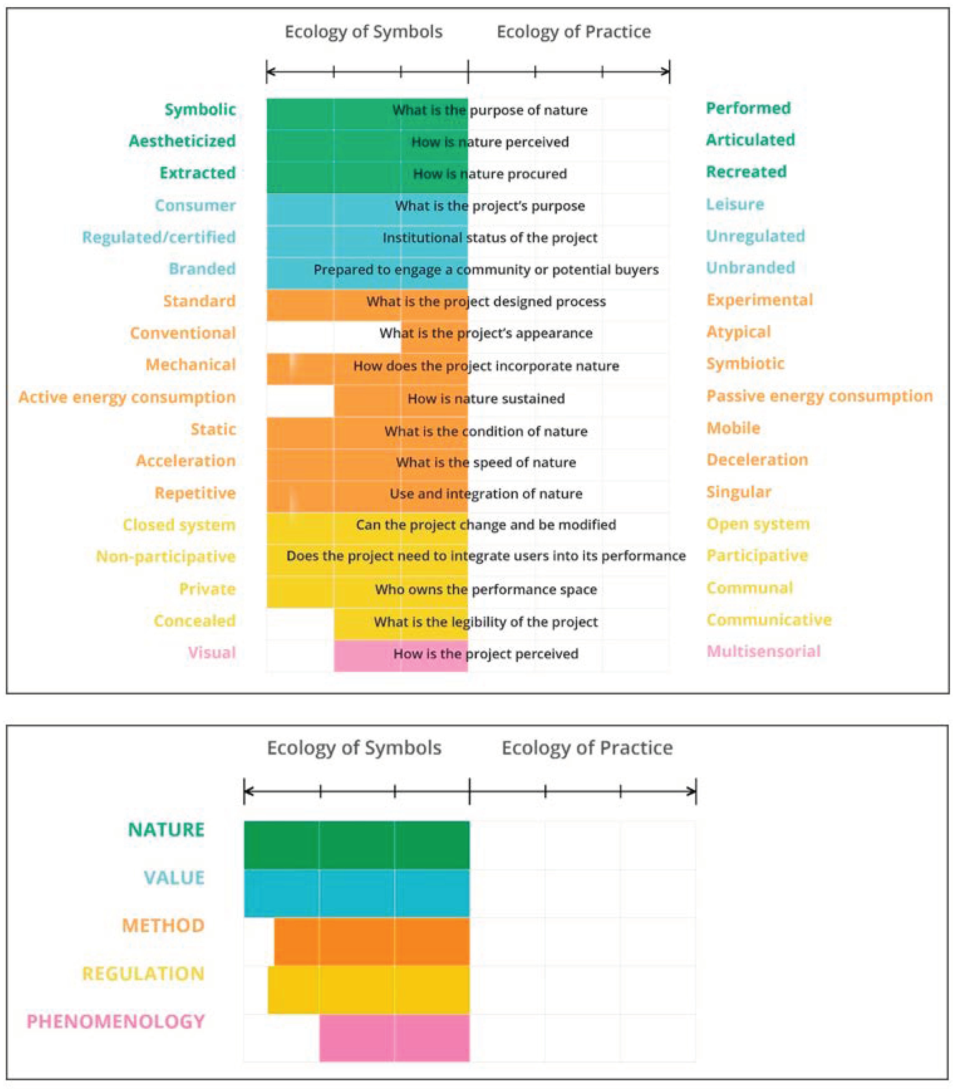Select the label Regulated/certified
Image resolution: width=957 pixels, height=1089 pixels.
coord(159,237)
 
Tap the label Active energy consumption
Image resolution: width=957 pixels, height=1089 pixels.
coord(127,397)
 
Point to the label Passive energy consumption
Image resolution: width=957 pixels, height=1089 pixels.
coord(819,396)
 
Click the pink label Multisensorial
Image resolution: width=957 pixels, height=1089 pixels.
coord(763,651)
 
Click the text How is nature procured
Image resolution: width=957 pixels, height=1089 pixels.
coord(489,174)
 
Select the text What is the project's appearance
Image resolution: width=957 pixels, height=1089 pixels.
coord(486,333)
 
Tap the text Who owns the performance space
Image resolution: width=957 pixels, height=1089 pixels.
coord(486,589)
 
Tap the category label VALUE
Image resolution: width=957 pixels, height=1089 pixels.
coord(174,878)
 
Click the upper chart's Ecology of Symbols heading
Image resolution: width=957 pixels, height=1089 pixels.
coord(363,32)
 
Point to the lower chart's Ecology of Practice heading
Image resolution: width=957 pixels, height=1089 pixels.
coord(587,748)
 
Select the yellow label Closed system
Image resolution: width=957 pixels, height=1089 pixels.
coord(179,525)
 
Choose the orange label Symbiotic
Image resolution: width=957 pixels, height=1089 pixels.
coord(745,363)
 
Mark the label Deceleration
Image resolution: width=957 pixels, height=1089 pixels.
coord(757,459)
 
